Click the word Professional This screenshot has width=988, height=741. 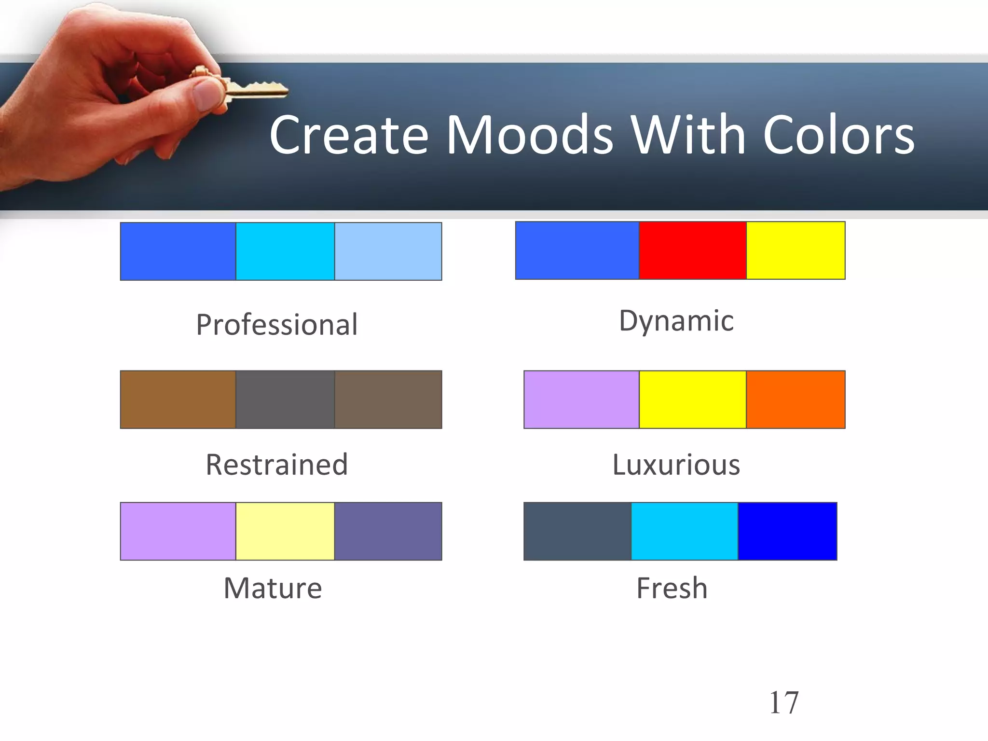[x=277, y=325]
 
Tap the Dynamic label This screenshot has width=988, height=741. [x=676, y=321]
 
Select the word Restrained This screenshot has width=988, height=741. [x=277, y=465]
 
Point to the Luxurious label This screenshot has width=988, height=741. [x=676, y=465]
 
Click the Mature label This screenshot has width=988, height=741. [x=273, y=588]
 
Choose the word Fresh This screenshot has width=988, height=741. [x=672, y=588]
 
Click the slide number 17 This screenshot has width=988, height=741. [x=783, y=702]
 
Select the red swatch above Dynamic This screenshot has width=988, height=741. [x=692, y=250]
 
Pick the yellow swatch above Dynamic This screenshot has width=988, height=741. [x=796, y=250]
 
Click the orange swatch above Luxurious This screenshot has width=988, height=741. [x=796, y=399]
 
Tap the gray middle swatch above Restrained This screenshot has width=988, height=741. [x=285, y=399]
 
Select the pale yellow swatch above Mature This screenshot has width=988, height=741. [x=285, y=531]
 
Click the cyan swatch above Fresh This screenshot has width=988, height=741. [x=685, y=531]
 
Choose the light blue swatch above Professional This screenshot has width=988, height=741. [x=388, y=251]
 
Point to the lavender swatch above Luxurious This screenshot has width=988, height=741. [x=581, y=399]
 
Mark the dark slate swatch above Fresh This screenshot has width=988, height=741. [x=577, y=531]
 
